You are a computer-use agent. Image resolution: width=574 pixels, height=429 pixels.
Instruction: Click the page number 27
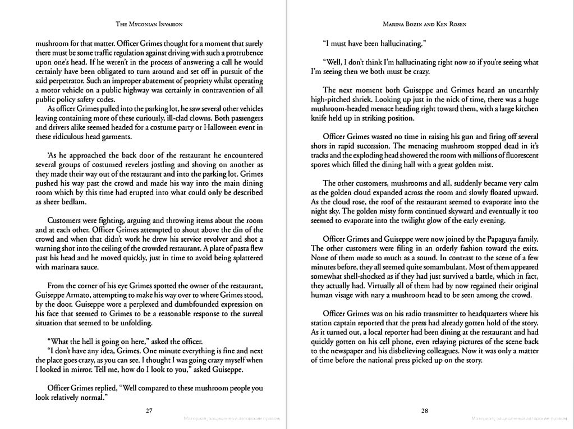(x=149, y=411)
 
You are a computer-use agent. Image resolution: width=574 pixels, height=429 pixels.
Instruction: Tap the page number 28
(x=425, y=411)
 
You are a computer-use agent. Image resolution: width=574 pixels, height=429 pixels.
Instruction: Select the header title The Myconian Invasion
(x=149, y=24)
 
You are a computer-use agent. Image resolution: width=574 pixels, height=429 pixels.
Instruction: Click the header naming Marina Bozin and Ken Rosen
(x=425, y=24)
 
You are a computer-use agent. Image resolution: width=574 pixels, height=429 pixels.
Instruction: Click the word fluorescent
(x=516, y=155)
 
